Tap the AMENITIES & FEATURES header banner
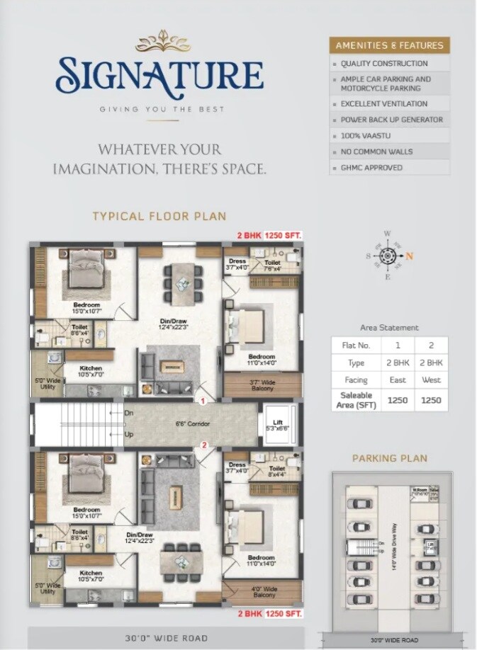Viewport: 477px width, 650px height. [389, 45]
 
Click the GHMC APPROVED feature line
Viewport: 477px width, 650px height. [371, 168]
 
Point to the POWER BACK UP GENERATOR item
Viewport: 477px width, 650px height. [391, 120]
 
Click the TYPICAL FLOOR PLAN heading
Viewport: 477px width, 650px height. [159, 216]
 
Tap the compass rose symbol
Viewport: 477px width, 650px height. [387, 256]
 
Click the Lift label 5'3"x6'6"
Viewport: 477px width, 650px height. [279, 426]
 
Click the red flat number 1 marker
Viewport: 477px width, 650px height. [203, 401]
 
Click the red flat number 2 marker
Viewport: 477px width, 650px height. [203, 445]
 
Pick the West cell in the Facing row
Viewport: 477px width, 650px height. [431, 380]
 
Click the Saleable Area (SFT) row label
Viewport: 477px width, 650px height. [357, 400]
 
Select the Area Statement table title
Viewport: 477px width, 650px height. [389, 328]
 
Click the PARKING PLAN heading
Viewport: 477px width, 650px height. [389, 458]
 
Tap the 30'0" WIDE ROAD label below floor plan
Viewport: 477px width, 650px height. [167, 638]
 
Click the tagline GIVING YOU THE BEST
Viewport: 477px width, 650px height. [162, 109]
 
